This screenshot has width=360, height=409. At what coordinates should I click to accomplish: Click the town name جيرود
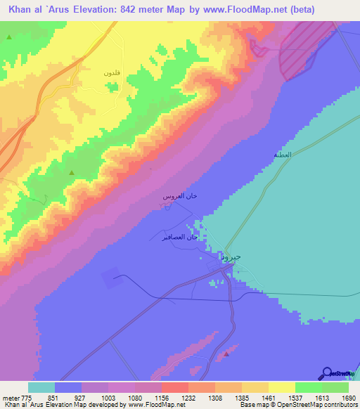tap(231, 257)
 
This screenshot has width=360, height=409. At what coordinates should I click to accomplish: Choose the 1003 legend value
tap(108, 397)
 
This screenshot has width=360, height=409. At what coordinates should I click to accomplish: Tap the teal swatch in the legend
tap(41, 387)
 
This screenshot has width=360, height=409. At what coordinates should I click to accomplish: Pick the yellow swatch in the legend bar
tap(281, 387)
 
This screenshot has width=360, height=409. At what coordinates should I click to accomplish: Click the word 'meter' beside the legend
tap(11, 397)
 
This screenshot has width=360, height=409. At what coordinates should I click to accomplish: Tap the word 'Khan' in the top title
tap(22, 9)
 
